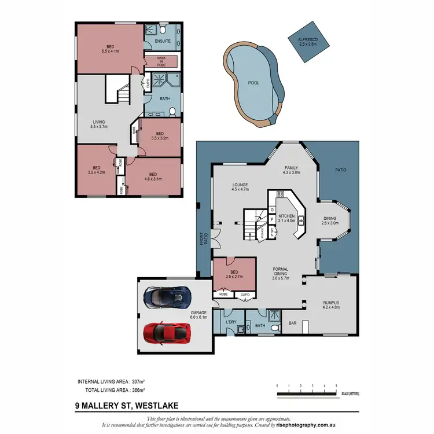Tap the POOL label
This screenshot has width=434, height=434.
click(x=253, y=83)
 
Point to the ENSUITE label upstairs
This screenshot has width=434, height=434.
click(x=162, y=41)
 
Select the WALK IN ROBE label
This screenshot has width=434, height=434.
click(x=161, y=62)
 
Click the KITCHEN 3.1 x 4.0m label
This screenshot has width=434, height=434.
click(x=287, y=218)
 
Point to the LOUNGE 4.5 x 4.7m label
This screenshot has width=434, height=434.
click(x=240, y=186)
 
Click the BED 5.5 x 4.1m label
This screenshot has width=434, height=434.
click(x=110, y=49)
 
